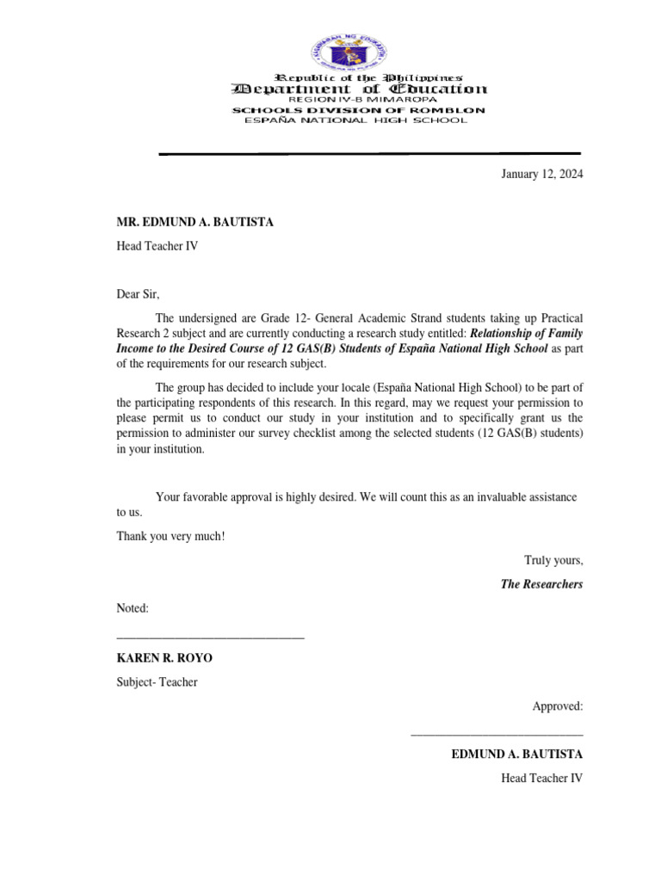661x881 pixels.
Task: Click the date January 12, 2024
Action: click(542, 174)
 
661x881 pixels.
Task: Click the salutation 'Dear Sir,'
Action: click(139, 294)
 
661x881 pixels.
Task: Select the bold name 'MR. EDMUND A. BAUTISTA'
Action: click(195, 222)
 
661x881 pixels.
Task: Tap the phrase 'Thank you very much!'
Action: click(170, 536)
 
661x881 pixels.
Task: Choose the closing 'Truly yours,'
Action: click(553, 560)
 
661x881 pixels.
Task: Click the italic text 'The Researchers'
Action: click(542, 584)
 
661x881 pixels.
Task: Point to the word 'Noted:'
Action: click(133, 608)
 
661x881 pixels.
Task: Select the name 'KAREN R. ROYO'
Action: click(164, 658)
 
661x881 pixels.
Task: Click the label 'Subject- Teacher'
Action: click(158, 682)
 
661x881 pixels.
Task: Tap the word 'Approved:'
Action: click(558, 706)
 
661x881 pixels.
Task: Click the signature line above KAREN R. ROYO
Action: click(211, 638)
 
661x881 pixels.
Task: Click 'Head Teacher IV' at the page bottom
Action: click(542, 779)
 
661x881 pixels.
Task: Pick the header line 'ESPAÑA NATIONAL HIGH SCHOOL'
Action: click(356, 120)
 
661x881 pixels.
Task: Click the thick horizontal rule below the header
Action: click(370, 153)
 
